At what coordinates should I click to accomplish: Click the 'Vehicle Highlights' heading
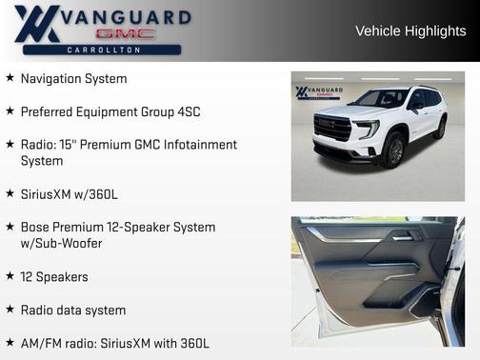click(x=410, y=30)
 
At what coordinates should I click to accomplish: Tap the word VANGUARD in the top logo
click(x=127, y=16)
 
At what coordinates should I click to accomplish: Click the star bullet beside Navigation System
click(x=10, y=78)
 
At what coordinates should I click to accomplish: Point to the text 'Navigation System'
click(x=73, y=78)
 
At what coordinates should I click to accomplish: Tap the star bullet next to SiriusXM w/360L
click(x=10, y=194)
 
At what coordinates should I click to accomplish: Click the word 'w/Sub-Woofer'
click(x=61, y=244)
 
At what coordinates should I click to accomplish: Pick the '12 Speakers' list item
click(x=54, y=277)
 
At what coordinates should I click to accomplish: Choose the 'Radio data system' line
click(x=73, y=310)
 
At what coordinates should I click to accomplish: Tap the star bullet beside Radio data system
click(x=10, y=310)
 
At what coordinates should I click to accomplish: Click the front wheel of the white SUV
click(x=391, y=151)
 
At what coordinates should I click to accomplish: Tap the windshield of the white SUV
click(x=380, y=98)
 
